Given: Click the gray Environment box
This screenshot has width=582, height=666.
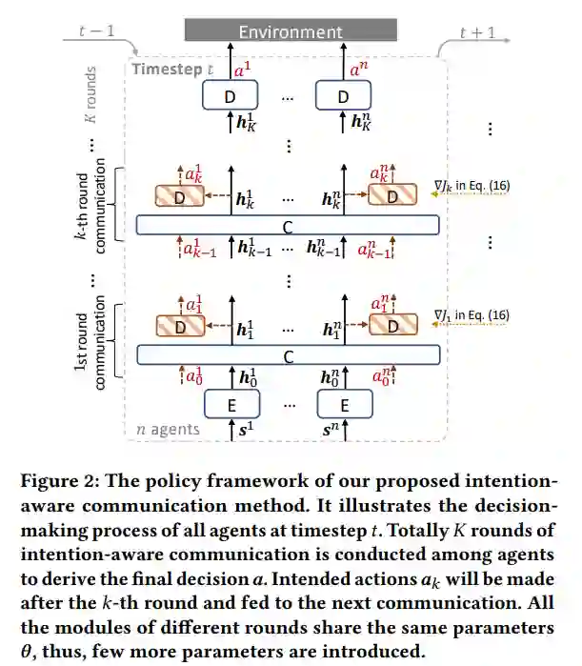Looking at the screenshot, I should click(291, 30).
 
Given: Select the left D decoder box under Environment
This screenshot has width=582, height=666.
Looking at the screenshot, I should click(229, 96).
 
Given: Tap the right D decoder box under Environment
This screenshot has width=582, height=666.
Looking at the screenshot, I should click(343, 96).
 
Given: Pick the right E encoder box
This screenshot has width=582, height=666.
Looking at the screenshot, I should click(344, 405).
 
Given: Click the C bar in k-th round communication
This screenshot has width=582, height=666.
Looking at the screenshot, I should click(288, 225).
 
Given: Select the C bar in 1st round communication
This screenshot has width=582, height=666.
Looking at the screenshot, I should click(288, 354).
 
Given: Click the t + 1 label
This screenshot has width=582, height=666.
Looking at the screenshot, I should click(476, 31).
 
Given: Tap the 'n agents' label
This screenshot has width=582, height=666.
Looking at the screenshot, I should click(168, 430).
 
